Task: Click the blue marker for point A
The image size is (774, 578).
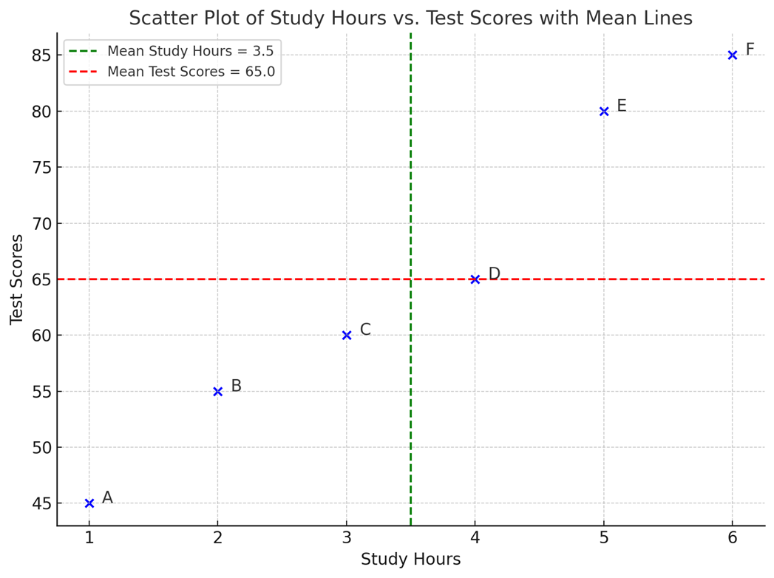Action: pyautogui.click(x=89, y=503)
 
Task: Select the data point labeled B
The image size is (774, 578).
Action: pyautogui.click(x=218, y=391)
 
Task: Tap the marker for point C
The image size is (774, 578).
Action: pyautogui.click(x=347, y=336)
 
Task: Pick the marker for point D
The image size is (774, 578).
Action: pyautogui.click(x=475, y=279)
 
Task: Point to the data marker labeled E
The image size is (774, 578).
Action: pyautogui.click(x=604, y=112)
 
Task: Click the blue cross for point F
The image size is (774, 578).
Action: pyautogui.click(x=733, y=55)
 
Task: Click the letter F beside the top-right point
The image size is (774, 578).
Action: pyautogui.click(x=750, y=50)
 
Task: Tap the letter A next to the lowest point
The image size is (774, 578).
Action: pyautogui.click(x=107, y=498)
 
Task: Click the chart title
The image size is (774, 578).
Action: pyautogui.click(x=410, y=18)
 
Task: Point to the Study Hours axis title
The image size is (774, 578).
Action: pyautogui.click(x=410, y=560)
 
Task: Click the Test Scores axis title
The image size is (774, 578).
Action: pyautogui.click(x=17, y=279)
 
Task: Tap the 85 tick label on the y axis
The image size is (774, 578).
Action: pyautogui.click(x=41, y=55)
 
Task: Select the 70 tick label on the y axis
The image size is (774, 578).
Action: pyautogui.click(x=41, y=223)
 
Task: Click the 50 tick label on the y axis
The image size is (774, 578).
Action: pyautogui.click(x=41, y=447)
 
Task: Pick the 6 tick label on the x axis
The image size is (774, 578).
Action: pyautogui.click(x=733, y=538)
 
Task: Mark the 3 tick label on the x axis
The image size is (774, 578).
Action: pyautogui.click(x=347, y=538)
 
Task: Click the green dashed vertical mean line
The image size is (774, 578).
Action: pyautogui.click(x=410, y=185)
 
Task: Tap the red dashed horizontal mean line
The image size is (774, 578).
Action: pyautogui.click(x=222, y=279)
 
